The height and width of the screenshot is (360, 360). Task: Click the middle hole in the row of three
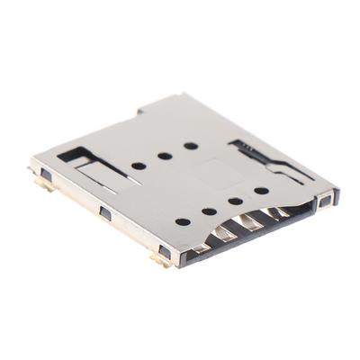165,156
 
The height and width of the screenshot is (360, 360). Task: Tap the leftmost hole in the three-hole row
138,166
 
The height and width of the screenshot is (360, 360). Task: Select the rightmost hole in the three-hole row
191,146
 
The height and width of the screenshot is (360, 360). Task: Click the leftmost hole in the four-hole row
183,221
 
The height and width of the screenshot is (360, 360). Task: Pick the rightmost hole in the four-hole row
261,190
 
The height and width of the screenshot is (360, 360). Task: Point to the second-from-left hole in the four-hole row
210,211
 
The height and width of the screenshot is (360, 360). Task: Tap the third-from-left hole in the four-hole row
236,201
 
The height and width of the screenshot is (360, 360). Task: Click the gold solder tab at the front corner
163,260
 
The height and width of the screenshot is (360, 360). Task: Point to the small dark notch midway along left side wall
104,213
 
